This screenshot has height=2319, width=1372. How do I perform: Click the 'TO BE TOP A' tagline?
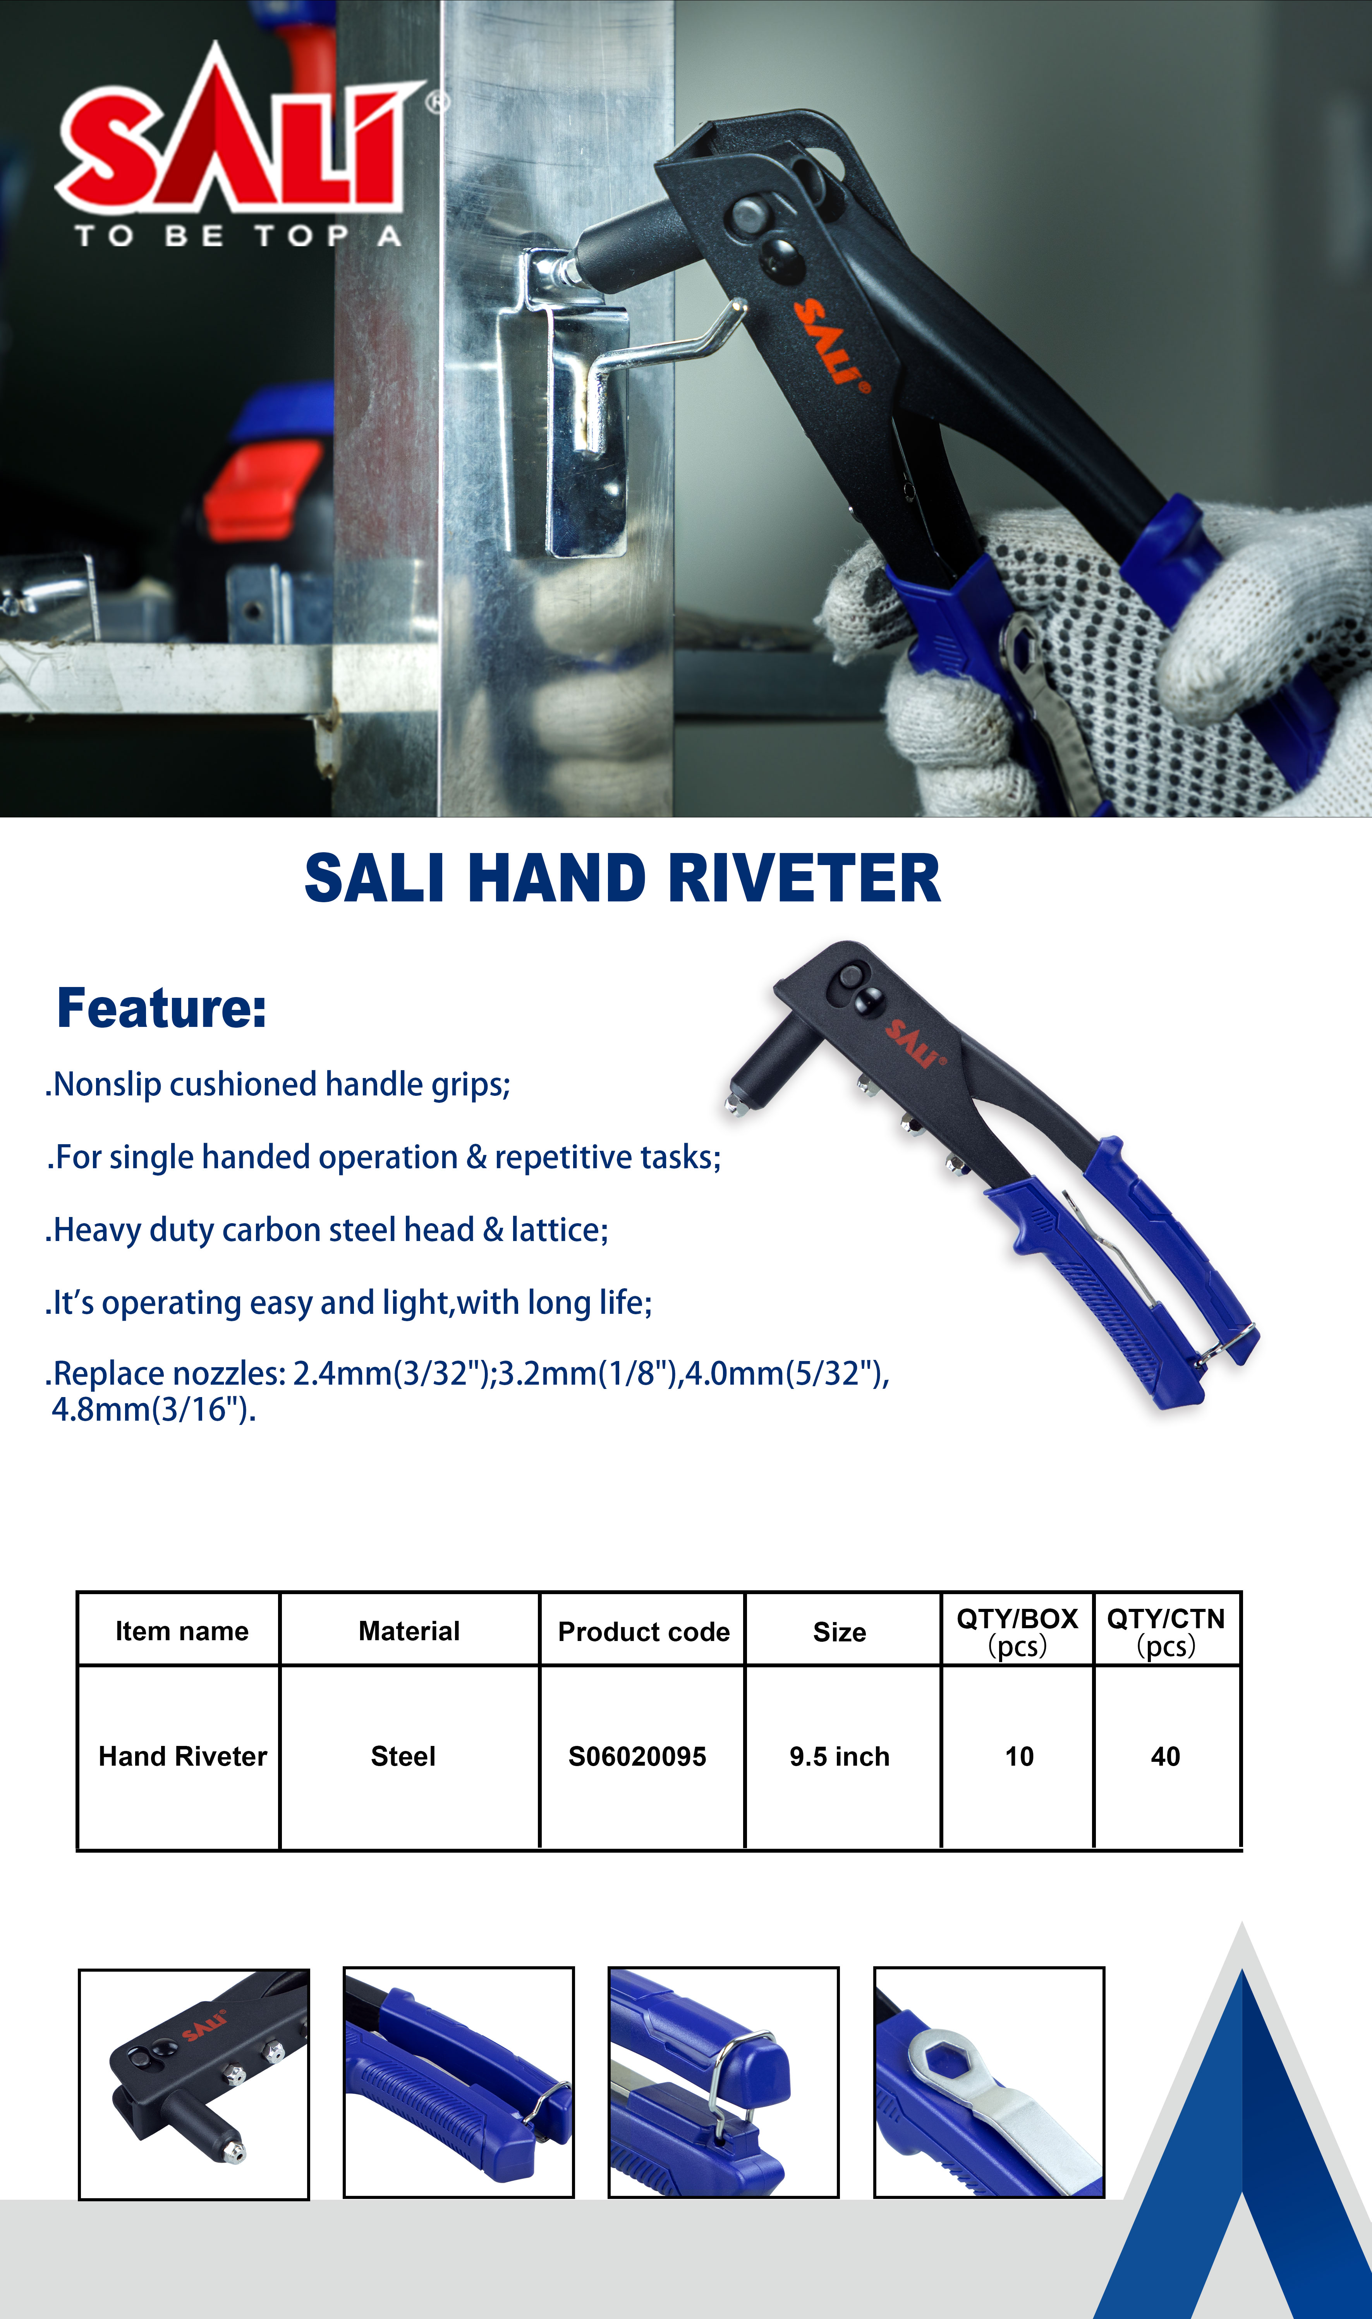coord(239,236)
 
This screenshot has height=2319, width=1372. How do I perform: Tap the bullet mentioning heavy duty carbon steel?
coord(326,1230)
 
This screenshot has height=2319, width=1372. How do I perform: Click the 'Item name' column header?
coord(182,1631)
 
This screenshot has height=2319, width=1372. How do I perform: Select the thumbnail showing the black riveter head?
coord(194,2084)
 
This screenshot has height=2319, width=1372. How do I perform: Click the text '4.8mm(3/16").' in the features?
coord(153,1411)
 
